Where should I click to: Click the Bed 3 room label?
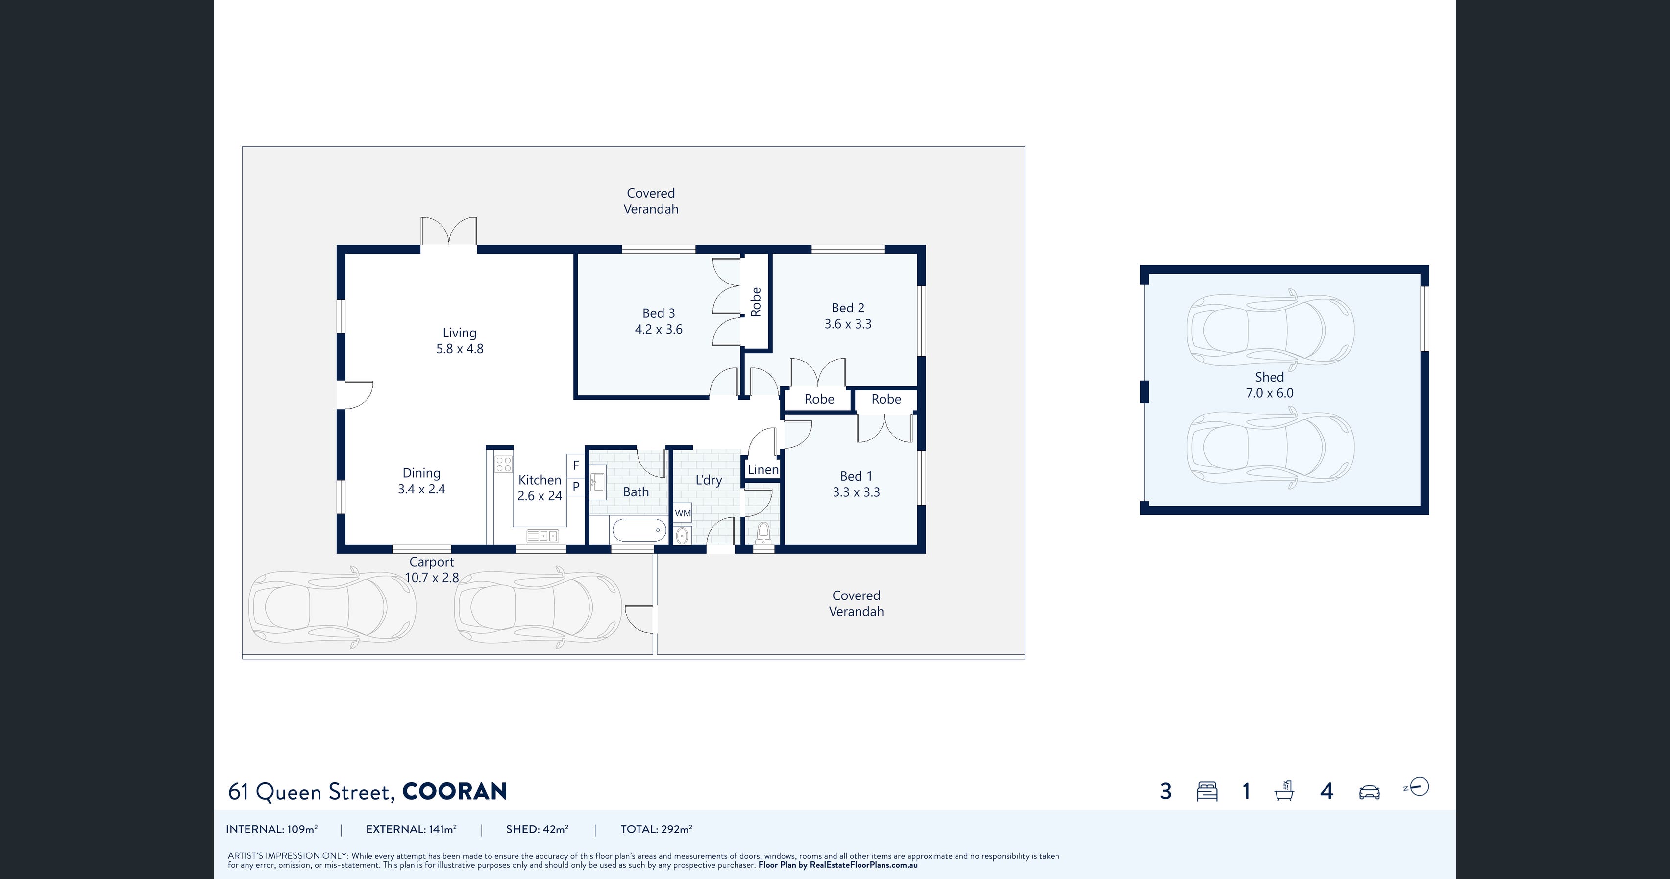[659, 313]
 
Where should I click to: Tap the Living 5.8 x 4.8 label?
[460, 340]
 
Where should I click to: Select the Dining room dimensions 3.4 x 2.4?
[421, 489]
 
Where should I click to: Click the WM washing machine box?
[683, 513]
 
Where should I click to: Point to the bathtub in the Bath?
[639, 530]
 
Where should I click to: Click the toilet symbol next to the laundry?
[763, 533]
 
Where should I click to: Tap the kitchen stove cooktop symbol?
[504, 464]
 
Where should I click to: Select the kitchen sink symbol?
[542, 536]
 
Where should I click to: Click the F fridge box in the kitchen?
[576, 466]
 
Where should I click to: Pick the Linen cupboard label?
[763, 469]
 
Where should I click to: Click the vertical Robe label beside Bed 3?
[755, 302]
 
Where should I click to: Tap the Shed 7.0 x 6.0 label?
[1269, 385]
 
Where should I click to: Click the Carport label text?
[432, 562]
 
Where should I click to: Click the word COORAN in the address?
[454, 791]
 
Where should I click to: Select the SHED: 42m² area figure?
[538, 829]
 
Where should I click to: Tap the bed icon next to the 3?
[1207, 791]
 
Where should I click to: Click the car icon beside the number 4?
[1369, 792]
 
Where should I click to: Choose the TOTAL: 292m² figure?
[656, 829]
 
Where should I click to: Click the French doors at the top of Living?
[449, 232]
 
